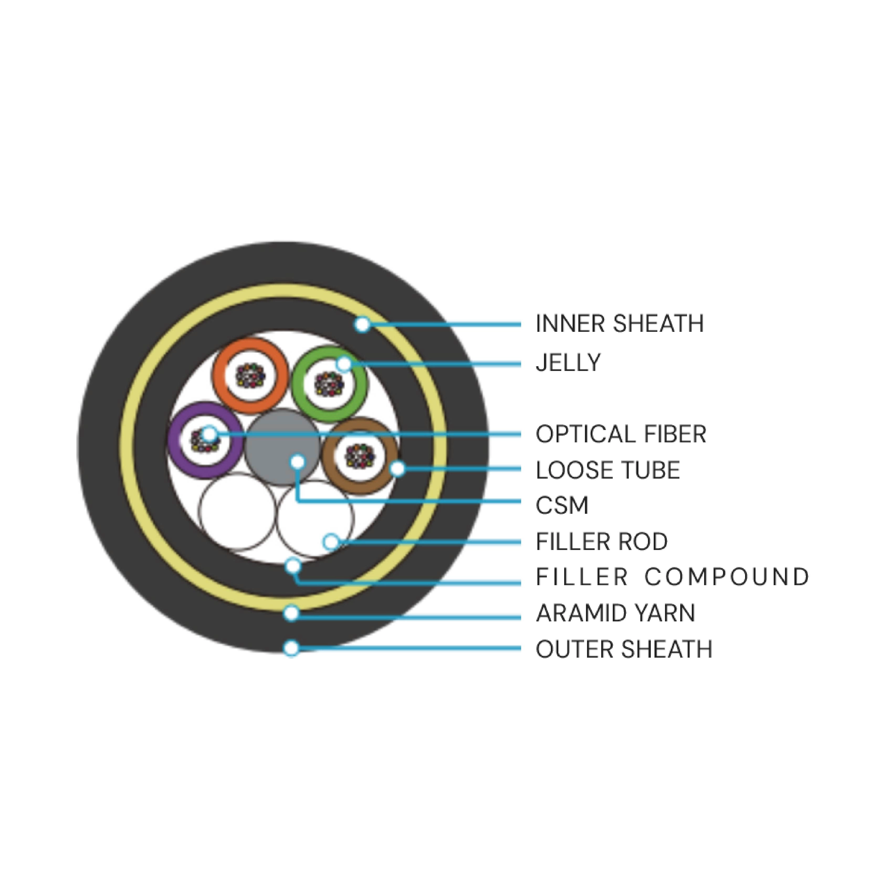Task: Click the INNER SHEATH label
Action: click(x=619, y=324)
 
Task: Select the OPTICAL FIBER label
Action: click(x=620, y=434)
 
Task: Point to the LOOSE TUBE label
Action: click(x=607, y=470)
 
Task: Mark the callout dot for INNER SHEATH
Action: click(x=362, y=324)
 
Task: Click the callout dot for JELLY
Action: click(x=344, y=364)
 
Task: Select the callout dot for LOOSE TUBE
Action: click(x=397, y=469)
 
